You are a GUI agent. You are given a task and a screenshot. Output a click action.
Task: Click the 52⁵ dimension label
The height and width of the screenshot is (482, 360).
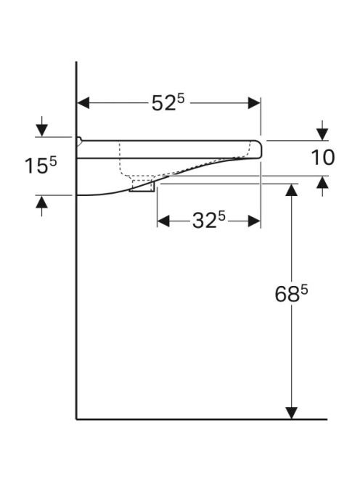pyautogui.click(x=168, y=102)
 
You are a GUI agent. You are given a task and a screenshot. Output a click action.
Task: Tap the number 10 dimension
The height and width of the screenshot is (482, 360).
pyautogui.click(x=323, y=158)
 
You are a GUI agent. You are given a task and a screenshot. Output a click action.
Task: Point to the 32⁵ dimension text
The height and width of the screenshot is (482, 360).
pyautogui.click(x=209, y=221)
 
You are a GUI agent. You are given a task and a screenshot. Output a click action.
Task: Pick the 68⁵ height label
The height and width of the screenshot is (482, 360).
pyautogui.click(x=291, y=293)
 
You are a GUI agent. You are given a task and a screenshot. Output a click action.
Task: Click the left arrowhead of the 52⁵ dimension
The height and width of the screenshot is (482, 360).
pyautogui.click(x=83, y=103)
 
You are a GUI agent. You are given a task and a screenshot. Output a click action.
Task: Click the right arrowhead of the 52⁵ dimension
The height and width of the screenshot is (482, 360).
pyautogui.click(x=254, y=103)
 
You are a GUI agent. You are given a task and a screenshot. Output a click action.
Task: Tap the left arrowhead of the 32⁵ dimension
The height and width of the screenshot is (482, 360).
pyautogui.click(x=163, y=221)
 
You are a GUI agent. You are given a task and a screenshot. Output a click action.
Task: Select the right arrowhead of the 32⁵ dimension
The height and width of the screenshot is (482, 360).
pyautogui.click(x=254, y=221)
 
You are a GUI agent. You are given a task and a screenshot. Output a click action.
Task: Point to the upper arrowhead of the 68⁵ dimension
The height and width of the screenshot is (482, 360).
pyautogui.click(x=292, y=189)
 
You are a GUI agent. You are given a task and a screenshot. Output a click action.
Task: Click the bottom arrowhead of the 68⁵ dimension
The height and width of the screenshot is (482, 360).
pyautogui.click(x=292, y=413)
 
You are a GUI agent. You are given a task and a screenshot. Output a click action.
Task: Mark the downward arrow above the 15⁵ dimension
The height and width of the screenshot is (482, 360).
pyautogui.click(x=42, y=126)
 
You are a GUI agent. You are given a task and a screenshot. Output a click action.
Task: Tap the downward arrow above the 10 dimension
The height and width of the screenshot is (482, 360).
pyautogui.click(x=322, y=131)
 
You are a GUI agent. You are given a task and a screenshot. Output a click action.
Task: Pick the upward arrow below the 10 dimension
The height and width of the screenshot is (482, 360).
pyautogui.click(x=322, y=187)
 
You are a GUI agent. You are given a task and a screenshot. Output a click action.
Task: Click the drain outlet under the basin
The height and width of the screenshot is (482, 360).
pyautogui.click(x=142, y=185)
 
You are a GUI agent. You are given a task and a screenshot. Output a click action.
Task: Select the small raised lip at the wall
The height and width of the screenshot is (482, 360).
pyautogui.click(x=79, y=141)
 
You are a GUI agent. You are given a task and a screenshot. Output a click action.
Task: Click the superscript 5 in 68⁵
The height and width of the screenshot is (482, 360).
pyautogui.click(x=304, y=290)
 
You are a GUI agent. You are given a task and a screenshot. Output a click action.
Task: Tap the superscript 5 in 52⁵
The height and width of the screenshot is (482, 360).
pyautogui.click(x=181, y=99)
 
